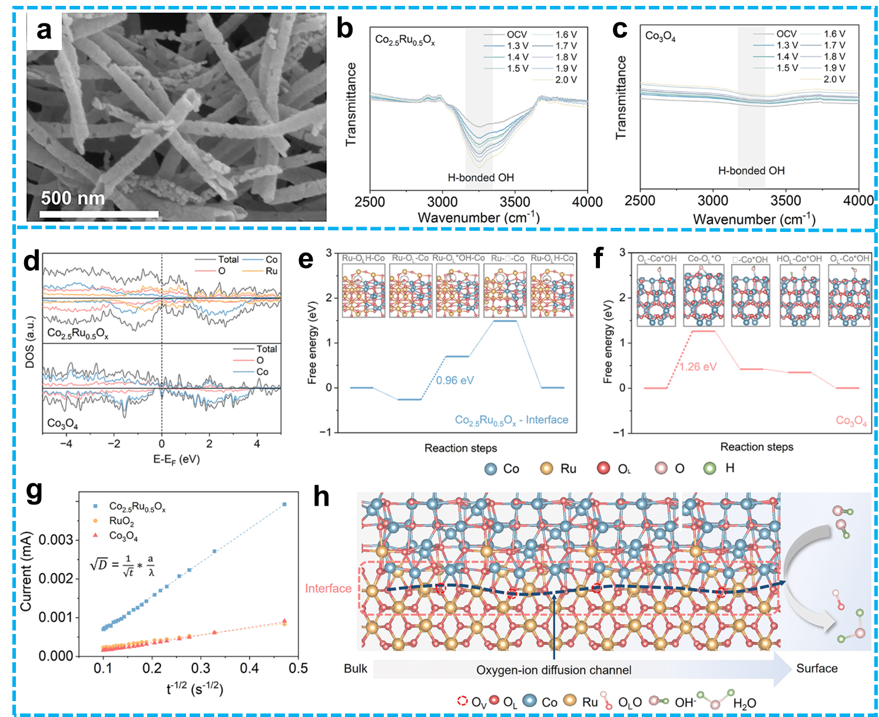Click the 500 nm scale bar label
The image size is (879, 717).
72,198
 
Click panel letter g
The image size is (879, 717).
35,492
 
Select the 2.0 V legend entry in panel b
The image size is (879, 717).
566,79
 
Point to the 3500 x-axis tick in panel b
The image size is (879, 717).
515,202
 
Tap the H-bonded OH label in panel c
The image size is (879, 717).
751,171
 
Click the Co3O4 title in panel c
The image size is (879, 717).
660,36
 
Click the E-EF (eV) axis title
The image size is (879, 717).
177,459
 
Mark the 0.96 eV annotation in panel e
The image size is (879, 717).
455,380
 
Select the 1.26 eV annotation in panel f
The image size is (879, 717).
698,367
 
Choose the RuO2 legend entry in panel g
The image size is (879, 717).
121,522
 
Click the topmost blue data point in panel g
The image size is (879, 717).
284,504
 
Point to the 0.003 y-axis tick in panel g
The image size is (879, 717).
56,540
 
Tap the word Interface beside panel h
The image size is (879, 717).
328,588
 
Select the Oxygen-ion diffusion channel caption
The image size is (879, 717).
553,670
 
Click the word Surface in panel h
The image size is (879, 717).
817,668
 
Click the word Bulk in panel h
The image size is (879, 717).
356,669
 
